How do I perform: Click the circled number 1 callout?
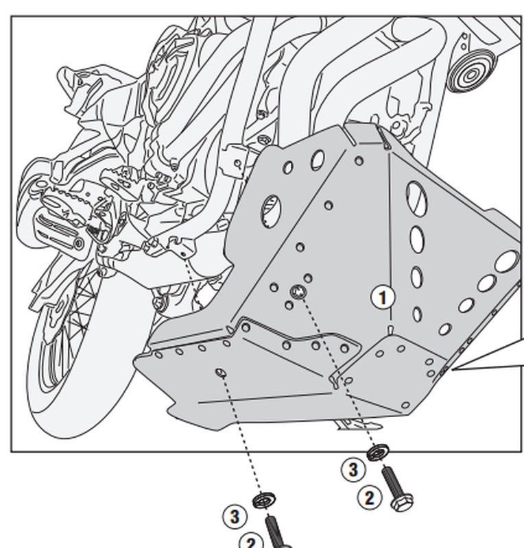(x=384, y=298)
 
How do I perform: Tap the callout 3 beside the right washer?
(x=353, y=469)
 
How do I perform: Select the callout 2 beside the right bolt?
(x=370, y=497)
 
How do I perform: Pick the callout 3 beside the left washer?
(x=235, y=516)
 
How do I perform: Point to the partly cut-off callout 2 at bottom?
(x=251, y=543)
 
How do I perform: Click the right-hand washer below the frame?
(x=376, y=453)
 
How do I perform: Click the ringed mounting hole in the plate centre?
(x=297, y=292)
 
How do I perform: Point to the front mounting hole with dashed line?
(x=219, y=373)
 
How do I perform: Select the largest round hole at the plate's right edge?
(x=508, y=260)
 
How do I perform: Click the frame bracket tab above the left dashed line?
(x=180, y=245)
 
